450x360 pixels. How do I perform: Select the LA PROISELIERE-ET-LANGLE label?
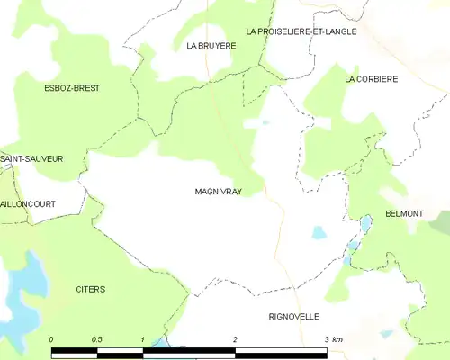(x=301, y=31)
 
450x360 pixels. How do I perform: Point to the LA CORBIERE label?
(x=371, y=79)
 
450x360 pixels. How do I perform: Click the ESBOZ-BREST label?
(x=72, y=88)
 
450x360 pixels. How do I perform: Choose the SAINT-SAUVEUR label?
(x=31, y=158)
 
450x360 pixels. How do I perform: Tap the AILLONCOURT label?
(x=28, y=204)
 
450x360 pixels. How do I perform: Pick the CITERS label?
(x=90, y=289)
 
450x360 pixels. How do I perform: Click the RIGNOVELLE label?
(x=294, y=317)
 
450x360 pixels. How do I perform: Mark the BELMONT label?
(x=404, y=214)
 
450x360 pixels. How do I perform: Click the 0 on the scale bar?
(x=51, y=339)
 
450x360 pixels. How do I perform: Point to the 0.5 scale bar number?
(x=97, y=339)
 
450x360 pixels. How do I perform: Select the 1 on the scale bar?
(x=143, y=339)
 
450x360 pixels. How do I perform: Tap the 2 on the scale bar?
(x=235, y=339)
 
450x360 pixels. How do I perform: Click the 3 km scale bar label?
(x=332, y=339)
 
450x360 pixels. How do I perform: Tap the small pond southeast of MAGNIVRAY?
(x=319, y=232)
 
